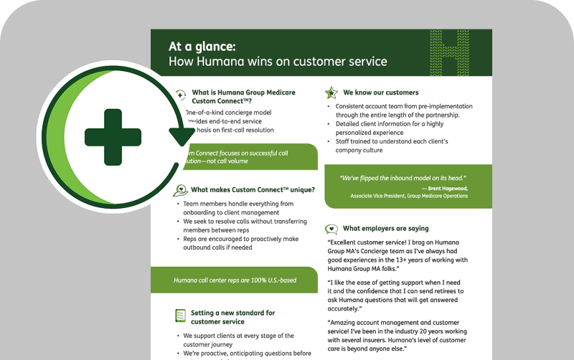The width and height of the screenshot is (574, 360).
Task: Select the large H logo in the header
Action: tap(459, 54)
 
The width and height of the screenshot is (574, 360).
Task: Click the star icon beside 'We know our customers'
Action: tap(331, 93)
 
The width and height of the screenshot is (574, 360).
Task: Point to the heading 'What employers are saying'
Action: tap(385, 229)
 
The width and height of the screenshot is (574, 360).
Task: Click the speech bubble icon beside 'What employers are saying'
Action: tap(331, 229)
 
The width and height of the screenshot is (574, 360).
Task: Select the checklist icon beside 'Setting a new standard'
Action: tap(180, 316)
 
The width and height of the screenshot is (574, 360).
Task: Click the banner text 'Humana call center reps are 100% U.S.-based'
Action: tap(235, 280)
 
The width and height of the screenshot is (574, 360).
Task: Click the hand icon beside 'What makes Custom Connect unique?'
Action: tap(180, 190)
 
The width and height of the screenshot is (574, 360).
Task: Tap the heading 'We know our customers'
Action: tap(380, 93)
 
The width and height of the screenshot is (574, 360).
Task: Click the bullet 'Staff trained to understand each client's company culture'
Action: tap(391, 146)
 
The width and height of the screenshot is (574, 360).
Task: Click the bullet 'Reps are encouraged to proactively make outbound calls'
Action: tap(240, 244)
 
